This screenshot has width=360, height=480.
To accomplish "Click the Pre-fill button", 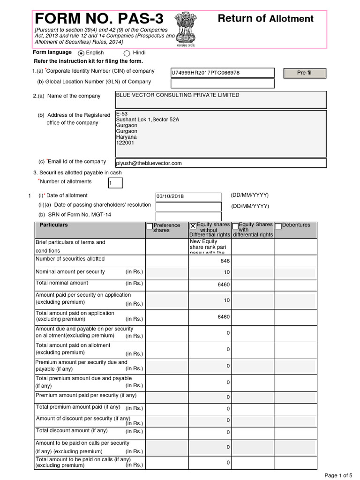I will point(305,73).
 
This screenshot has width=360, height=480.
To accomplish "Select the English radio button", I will point(81,53).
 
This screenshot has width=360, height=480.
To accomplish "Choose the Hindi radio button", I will point(127,53).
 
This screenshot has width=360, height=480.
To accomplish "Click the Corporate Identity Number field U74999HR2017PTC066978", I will point(223,73).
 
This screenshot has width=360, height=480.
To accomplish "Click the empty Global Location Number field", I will point(223,83).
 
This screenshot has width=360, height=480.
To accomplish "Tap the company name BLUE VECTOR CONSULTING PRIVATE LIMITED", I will point(178,95).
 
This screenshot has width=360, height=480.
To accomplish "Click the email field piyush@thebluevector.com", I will point(220,163).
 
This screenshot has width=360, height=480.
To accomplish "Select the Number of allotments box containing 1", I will point(115,183).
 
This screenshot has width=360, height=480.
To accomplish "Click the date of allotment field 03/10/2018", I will point(188,197).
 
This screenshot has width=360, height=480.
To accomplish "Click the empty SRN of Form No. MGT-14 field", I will point(188,216).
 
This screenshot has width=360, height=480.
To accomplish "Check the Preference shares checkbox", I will point(150,226).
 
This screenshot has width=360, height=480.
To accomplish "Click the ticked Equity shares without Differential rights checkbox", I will point(193,226).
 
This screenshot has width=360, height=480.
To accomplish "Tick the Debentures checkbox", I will point(278,226).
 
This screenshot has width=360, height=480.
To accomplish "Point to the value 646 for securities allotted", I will point(225,261).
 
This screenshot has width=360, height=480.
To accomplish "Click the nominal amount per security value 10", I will point(227,273).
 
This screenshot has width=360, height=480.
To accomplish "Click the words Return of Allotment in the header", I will point(265,19).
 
